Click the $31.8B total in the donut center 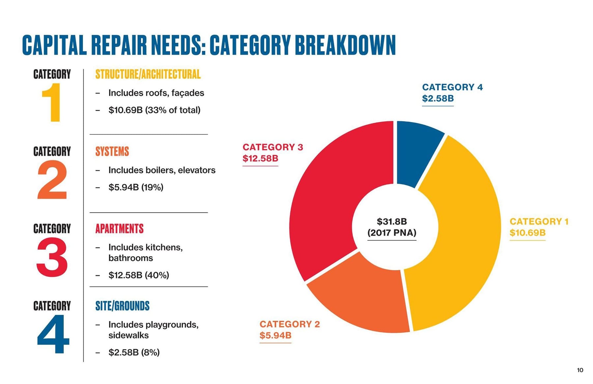pyautogui.click(x=392, y=222)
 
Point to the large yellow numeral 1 pyautogui.click(x=51, y=102)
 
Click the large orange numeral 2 pyautogui.click(x=52, y=180)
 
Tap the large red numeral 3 pyautogui.click(x=52, y=257)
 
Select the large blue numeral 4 pyautogui.click(x=53, y=334)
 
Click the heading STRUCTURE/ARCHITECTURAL pyautogui.click(x=148, y=74)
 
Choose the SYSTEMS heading pyautogui.click(x=112, y=152)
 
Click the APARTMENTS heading pyautogui.click(x=119, y=229)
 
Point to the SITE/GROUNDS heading pyautogui.click(x=122, y=306)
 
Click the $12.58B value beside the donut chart pyautogui.click(x=260, y=159)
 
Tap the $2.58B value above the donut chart pyautogui.click(x=438, y=99)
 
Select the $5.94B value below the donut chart pyautogui.click(x=275, y=336)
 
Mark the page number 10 pyautogui.click(x=580, y=370)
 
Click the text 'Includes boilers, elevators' pyautogui.click(x=162, y=170)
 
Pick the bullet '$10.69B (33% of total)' pyautogui.click(x=154, y=110)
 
